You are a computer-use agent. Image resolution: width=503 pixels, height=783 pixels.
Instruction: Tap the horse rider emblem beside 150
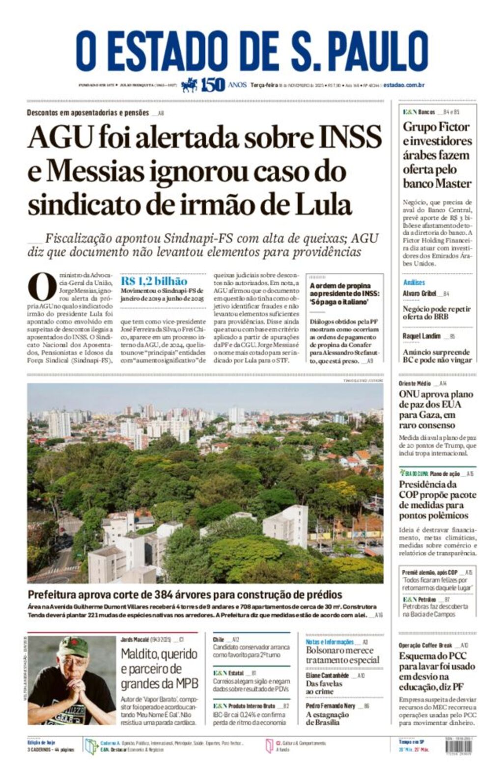point(189,85)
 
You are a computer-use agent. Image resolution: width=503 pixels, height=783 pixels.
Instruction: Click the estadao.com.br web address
point(404,85)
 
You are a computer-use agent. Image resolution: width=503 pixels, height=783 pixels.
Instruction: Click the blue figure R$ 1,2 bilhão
point(154,281)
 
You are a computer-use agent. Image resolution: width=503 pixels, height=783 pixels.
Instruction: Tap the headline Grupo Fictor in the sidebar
point(436,127)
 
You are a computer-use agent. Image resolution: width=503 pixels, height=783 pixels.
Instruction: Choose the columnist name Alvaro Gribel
point(419,294)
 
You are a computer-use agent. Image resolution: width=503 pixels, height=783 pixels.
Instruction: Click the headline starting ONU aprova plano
point(436,394)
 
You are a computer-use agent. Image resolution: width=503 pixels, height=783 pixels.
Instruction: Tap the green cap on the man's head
point(72,647)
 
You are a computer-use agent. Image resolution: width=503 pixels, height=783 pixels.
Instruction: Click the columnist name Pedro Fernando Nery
point(331,705)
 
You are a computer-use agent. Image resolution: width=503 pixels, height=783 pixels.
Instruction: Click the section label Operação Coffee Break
point(425,645)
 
